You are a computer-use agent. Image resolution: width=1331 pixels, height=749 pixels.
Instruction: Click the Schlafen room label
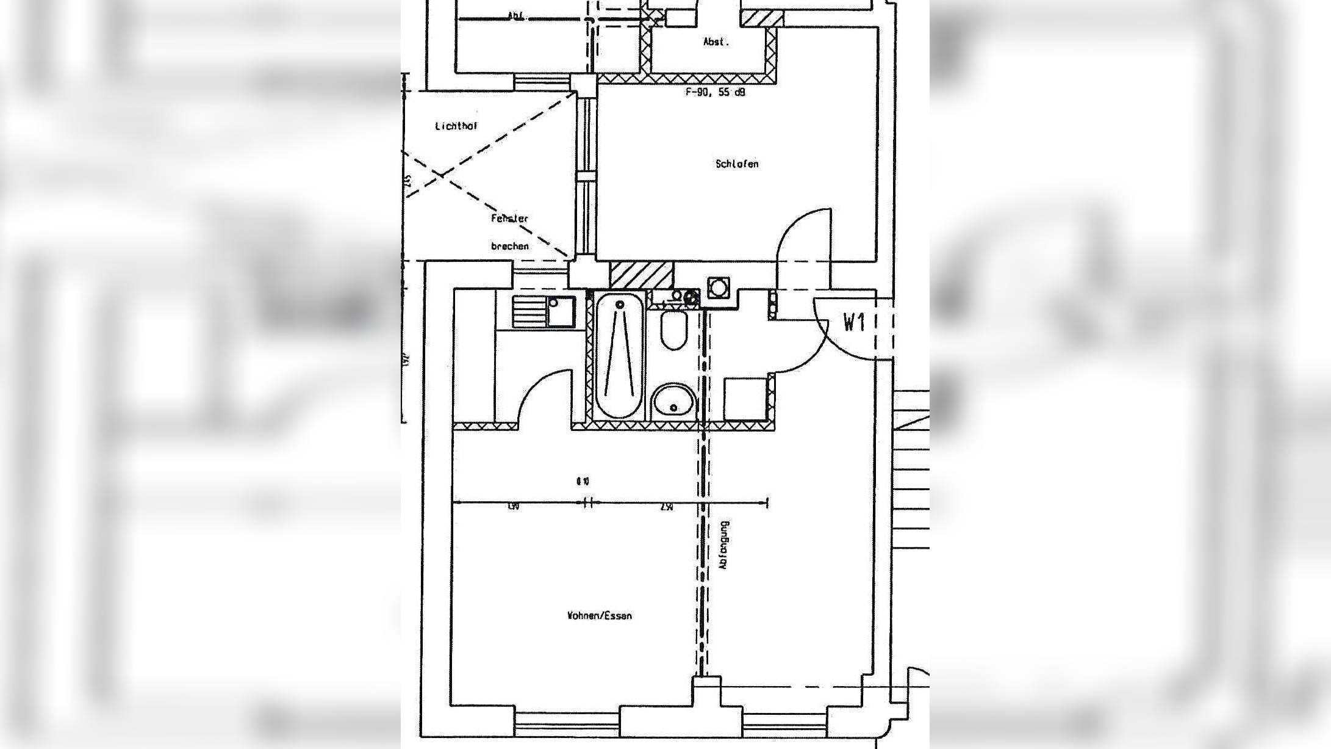737,164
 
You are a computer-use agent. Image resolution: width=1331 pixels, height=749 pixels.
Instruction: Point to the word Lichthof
456,126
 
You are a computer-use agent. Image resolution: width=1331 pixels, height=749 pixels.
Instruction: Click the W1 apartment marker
854,322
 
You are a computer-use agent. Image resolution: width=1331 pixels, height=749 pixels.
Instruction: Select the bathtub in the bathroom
620,355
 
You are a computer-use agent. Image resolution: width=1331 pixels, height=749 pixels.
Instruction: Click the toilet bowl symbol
673,330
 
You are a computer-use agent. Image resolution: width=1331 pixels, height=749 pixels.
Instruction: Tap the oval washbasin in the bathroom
673,402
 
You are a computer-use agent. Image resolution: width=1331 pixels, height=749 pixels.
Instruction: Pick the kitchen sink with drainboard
544,312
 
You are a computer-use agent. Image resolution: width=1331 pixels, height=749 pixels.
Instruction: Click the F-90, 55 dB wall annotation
715,92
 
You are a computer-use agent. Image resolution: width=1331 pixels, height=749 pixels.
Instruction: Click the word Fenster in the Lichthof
509,218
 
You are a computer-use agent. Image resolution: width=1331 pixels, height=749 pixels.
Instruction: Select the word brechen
509,246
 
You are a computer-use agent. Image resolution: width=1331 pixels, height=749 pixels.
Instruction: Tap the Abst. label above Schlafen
716,42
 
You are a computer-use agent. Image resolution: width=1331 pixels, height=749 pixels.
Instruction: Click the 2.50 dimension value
666,507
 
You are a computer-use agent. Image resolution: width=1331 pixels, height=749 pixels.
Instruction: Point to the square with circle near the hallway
719,287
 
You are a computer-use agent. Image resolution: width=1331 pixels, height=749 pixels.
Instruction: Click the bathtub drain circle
620,304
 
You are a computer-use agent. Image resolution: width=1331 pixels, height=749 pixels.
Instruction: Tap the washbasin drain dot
673,407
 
